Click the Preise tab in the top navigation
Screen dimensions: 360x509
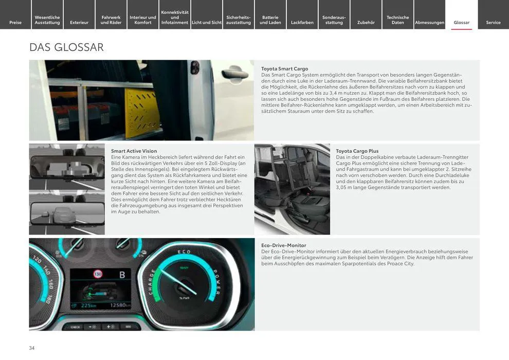click(x=15, y=23)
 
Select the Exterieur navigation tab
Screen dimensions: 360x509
click(x=79, y=23)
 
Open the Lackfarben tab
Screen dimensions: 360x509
click(x=302, y=23)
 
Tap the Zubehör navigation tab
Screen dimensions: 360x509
click(x=366, y=23)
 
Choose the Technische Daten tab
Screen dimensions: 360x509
click(x=397, y=20)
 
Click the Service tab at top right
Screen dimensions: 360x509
click(x=493, y=23)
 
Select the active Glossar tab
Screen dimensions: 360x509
click(x=461, y=23)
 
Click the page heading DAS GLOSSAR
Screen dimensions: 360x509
click(x=66, y=47)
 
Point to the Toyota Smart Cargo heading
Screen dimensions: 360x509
click(x=284, y=68)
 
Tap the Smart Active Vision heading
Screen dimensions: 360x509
click(x=134, y=151)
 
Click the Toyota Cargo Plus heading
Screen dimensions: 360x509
click(x=357, y=151)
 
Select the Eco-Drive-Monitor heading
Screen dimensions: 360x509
click(x=283, y=245)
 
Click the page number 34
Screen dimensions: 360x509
click(x=32, y=348)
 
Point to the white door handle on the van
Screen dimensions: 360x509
click(x=234, y=73)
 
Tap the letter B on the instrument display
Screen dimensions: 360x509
click(x=122, y=275)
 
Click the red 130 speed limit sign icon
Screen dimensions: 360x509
click(x=98, y=274)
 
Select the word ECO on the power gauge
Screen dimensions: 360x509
click(x=184, y=252)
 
